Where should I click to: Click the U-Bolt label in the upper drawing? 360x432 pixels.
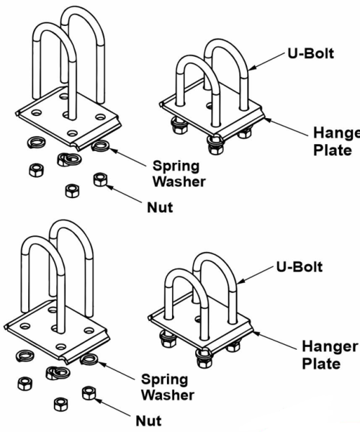[x=311, y=53]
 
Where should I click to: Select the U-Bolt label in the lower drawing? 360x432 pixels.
[x=300, y=266]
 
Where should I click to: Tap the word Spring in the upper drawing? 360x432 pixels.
[x=176, y=166]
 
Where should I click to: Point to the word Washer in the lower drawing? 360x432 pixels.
[x=168, y=395]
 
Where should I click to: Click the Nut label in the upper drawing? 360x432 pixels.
[x=160, y=207]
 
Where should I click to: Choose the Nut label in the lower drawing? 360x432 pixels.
[x=149, y=421]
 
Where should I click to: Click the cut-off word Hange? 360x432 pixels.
[x=336, y=133]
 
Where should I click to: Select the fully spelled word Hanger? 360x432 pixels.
[x=330, y=347]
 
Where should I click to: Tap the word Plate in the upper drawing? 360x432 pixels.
[x=333, y=150]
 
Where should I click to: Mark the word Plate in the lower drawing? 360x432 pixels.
[x=321, y=364]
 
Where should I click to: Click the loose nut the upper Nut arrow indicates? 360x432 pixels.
[x=100, y=179]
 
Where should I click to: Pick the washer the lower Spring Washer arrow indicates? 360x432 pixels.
[x=89, y=359]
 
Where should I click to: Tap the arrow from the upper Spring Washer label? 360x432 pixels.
[x=127, y=157]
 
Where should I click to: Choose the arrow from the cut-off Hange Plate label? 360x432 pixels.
[x=286, y=127]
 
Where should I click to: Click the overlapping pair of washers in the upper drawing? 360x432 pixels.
[x=69, y=159]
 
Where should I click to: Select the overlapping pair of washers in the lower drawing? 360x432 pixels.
[x=58, y=373]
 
